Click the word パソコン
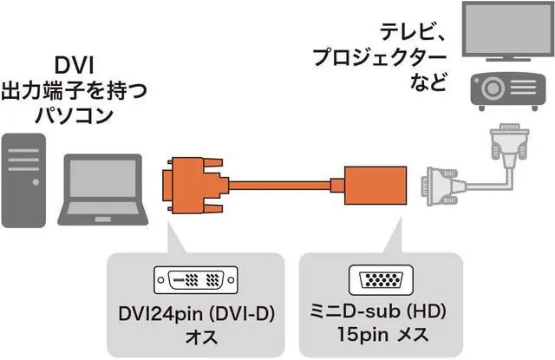(78, 114)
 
